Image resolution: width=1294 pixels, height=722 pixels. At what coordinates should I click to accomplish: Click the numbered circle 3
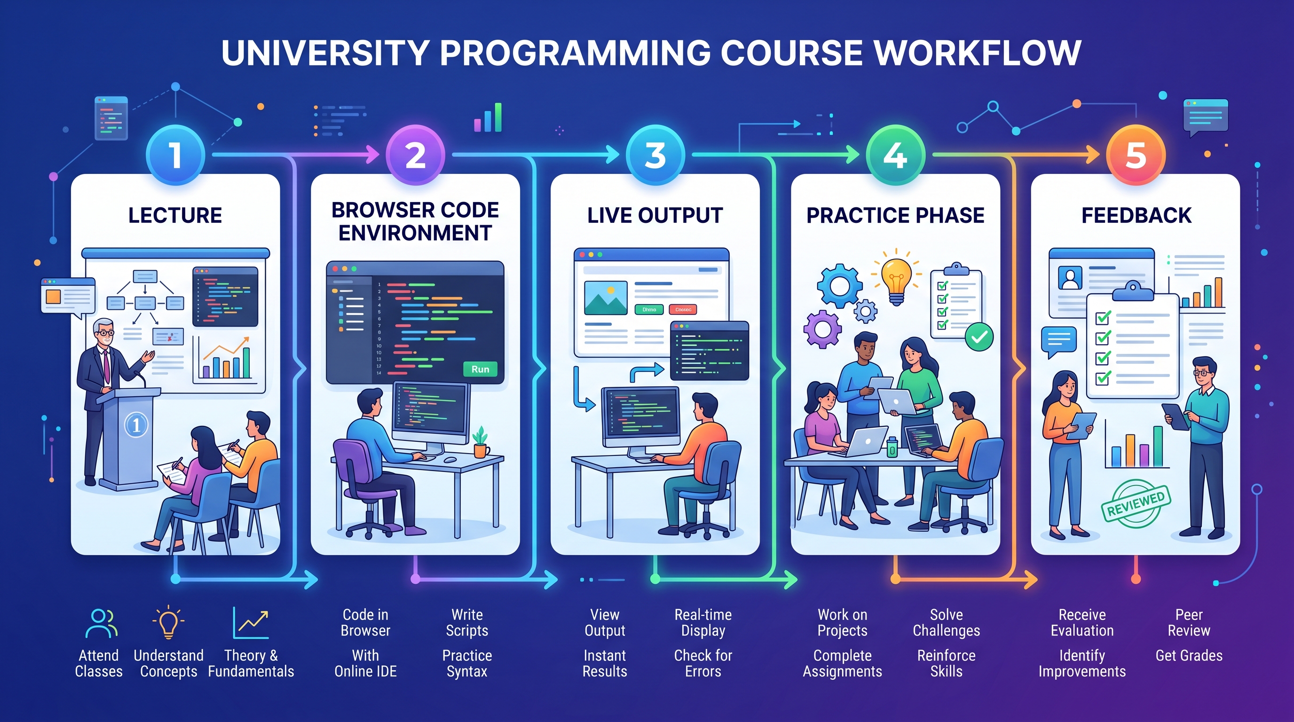tap(655, 155)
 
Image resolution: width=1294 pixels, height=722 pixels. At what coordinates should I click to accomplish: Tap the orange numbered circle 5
tap(1135, 155)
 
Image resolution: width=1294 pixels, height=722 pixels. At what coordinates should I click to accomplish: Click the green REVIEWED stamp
tap(1136, 503)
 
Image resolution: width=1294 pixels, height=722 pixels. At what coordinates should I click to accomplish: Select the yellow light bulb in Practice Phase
tap(897, 279)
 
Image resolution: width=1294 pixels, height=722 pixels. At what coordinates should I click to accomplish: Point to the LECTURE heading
tap(175, 215)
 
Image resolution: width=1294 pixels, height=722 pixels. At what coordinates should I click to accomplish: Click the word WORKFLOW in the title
tap(977, 53)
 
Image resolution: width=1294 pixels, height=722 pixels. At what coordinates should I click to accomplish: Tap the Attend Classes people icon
tap(101, 623)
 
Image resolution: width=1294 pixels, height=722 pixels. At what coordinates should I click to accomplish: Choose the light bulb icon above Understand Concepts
tap(168, 623)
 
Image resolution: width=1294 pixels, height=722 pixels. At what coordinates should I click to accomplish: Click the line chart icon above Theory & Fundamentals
tap(251, 623)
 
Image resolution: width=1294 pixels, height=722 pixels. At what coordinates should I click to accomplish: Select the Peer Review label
tap(1189, 623)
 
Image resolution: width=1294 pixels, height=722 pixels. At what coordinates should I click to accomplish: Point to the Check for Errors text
tap(703, 663)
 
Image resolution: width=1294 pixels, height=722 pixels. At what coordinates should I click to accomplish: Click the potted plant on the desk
tap(481, 441)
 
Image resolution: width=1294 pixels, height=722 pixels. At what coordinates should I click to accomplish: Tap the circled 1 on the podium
tap(135, 425)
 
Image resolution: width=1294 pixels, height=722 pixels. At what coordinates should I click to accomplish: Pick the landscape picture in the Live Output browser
tap(605, 297)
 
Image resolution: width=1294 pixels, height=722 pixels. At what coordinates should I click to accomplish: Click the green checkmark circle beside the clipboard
tap(979, 337)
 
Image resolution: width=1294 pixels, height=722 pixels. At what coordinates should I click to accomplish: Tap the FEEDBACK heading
tap(1136, 215)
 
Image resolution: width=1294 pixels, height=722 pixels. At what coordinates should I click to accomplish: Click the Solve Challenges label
tap(946, 623)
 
